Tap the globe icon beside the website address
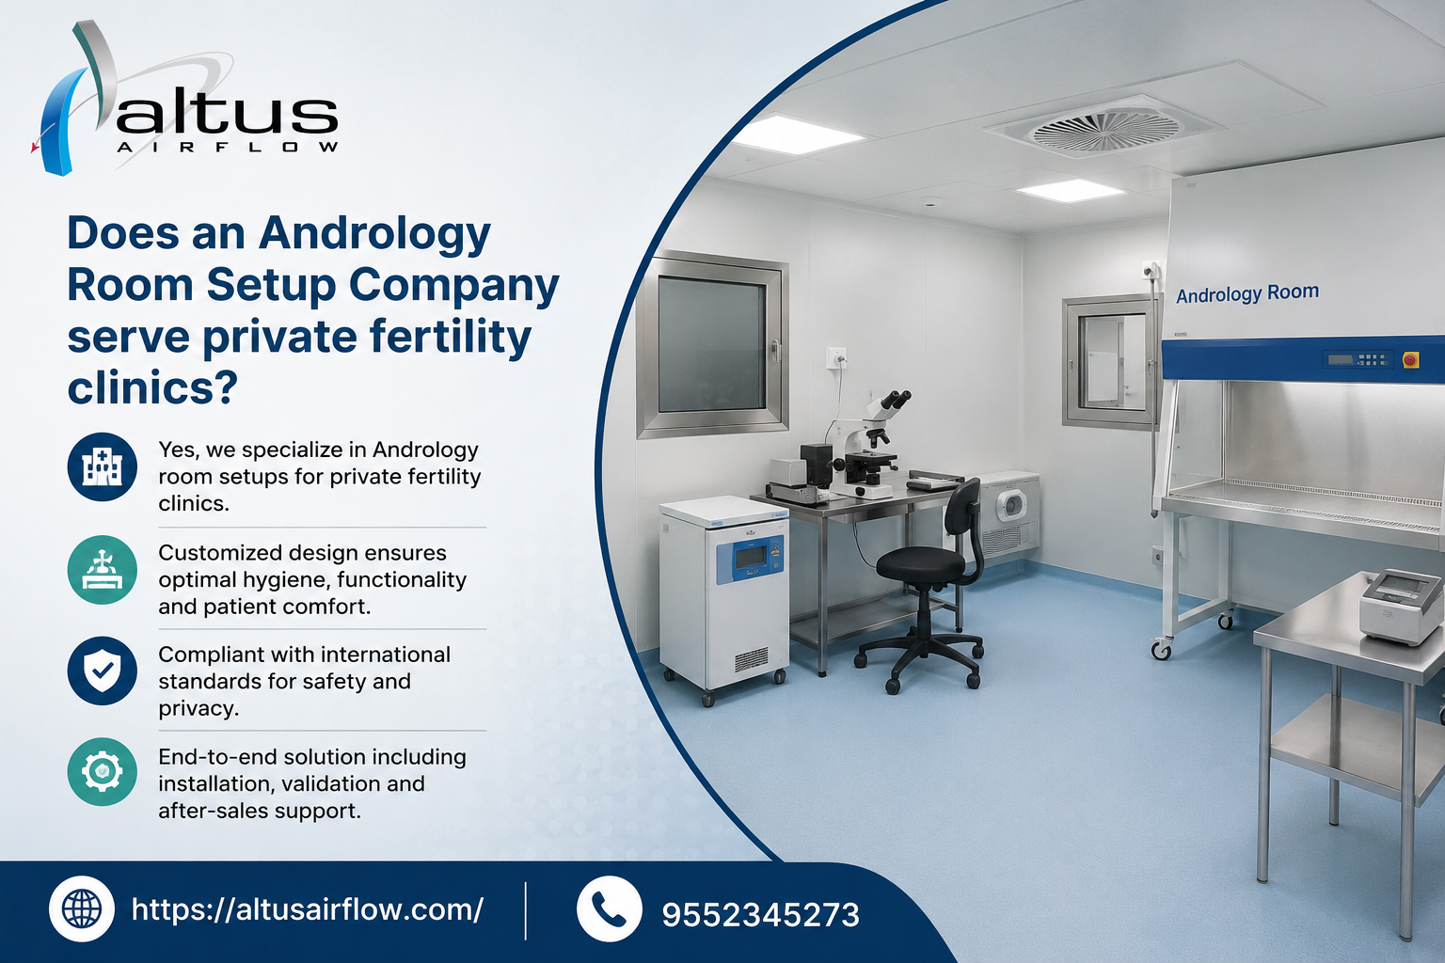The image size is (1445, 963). [82, 908]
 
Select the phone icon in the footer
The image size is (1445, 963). [609, 908]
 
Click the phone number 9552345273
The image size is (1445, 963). [760, 915]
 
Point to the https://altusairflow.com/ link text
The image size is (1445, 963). [307, 910]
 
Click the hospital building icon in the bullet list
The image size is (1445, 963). [102, 466]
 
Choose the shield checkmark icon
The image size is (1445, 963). [102, 671]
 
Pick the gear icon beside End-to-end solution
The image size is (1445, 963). [102, 771]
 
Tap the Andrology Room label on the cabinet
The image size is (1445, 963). [1247, 293]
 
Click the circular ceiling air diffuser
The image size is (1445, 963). [1105, 130]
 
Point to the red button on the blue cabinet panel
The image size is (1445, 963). [1410, 359]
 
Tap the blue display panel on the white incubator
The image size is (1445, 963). [750, 559]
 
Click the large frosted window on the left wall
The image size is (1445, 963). [712, 344]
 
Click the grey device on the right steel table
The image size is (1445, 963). [1401, 606]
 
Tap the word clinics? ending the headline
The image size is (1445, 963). [152, 388]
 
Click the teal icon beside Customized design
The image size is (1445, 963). [102, 570]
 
